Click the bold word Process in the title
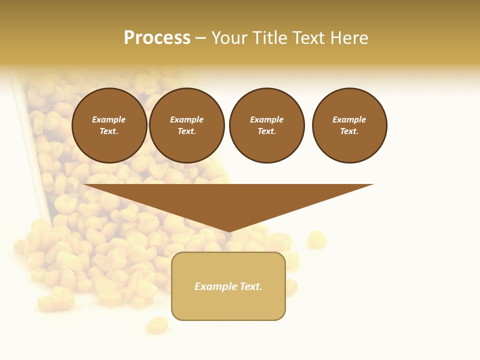coord(157,38)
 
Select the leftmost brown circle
coord(109,125)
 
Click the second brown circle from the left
coord(187,125)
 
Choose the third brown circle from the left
coord(266,125)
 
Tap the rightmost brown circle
coord(349,125)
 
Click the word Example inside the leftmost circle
coord(109,119)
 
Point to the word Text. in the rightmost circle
coord(349,131)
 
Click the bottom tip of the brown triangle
coord(229,230)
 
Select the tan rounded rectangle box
coord(228,286)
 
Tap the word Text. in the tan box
coord(249,286)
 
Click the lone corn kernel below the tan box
coord(157,325)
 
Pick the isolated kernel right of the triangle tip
coord(316,239)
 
